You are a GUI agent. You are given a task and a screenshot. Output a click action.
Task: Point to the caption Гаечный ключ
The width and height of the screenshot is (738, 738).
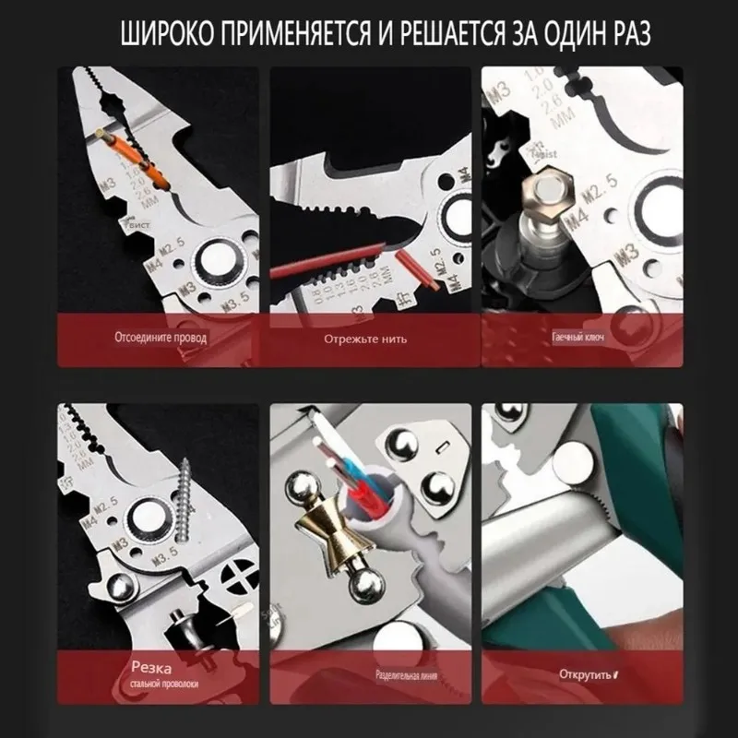point(578,338)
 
